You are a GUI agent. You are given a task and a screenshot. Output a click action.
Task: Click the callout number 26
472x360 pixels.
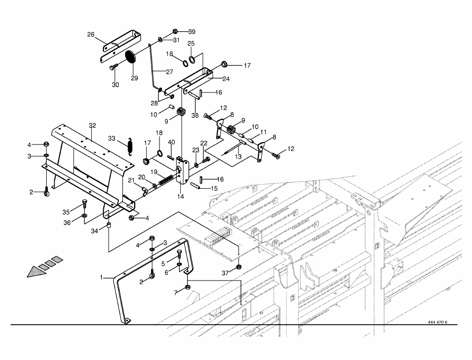coord(90,34)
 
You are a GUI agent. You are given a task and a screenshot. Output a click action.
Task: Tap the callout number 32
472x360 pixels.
coord(92,126)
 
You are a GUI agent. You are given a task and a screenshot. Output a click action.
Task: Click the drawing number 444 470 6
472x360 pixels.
coord(437,322)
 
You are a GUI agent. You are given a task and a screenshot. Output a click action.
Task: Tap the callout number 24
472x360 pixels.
coord(226,78)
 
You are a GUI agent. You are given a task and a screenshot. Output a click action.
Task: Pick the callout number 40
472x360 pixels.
coord(171,142)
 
